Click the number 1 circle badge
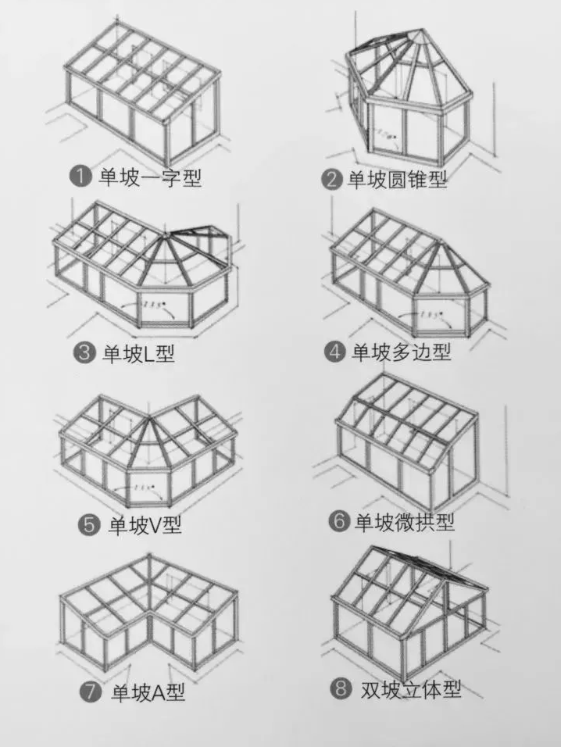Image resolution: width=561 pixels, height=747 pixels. (x=80, y=177)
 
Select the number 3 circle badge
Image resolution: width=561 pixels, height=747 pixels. (x=84, y=352)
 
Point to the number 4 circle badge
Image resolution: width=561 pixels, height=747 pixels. (x=335, y=352)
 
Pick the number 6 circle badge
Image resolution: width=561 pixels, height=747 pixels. (x=338, y=522)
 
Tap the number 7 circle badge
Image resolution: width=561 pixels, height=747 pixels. (x=92, y=692)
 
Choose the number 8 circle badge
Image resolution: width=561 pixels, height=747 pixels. (x=341, y=688)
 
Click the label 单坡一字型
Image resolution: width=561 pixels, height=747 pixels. (x=149, y=177)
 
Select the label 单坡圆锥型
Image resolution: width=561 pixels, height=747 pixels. (x=397, y=180)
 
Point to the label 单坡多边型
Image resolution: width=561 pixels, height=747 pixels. (x=401, y=352)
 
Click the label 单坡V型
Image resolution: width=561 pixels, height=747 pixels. (x=144, y=525)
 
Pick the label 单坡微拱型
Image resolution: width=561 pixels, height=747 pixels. (x=404, y=522)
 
